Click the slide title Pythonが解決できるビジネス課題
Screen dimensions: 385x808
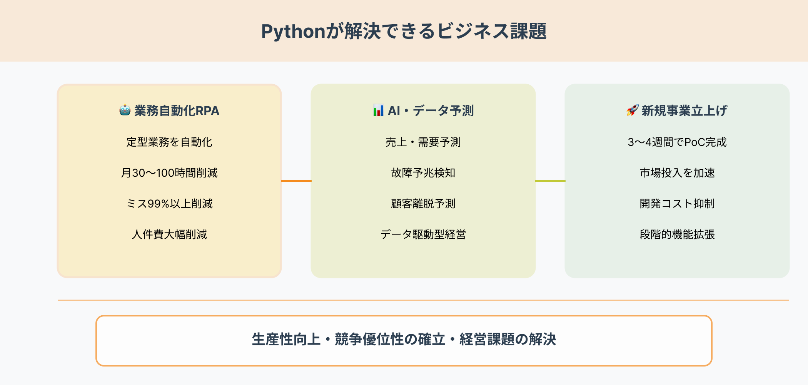(404, 31)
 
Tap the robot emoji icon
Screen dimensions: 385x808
(125, 110)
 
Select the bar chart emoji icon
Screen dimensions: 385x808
(378, 110)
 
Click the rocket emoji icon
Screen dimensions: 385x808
(632, 110)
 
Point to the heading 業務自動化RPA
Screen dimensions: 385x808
(177, 111)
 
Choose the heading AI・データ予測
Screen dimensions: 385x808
(431, 111)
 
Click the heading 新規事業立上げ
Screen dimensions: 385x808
(684, 111)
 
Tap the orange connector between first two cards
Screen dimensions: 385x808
(296, 181)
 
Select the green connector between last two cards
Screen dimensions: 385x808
(550, 181)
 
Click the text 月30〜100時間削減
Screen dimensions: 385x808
(169, 173)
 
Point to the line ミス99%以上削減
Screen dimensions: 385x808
(169, 204)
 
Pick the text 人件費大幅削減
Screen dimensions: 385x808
(169, 234)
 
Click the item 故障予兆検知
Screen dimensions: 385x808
(423, 173)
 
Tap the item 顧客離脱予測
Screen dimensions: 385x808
(423, 204)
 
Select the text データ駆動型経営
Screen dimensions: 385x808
(423, 234)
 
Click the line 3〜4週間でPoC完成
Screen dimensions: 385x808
(677, 142)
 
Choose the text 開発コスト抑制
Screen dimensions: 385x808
(677, 204)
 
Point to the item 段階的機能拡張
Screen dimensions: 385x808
(677, 234)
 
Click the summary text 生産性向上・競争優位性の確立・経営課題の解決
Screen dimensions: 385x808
(404, 340)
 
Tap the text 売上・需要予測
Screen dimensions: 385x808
(423, 142)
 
